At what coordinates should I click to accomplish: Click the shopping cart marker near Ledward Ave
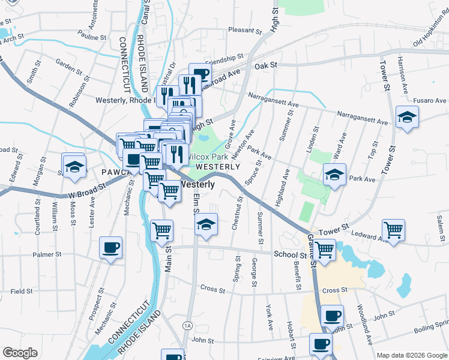point(393,230)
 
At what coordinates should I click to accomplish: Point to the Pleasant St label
point(242,29)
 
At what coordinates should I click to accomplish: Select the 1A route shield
point(188,325)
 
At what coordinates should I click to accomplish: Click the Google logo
point(20,353)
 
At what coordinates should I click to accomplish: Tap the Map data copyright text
point(411,355)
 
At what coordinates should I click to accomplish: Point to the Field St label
point(21,291)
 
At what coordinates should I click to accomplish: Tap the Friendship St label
point(222,62)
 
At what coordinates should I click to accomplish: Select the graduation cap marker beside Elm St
point(206,225)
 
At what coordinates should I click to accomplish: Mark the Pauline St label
point(92,37)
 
